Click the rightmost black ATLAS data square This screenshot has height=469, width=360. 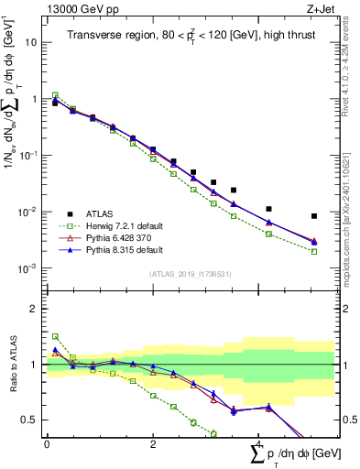coord(314,216)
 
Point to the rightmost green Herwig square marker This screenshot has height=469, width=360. coord(314,251)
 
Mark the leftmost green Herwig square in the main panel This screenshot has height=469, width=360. coord(55,94)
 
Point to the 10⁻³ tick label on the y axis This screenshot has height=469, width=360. coord(28,268)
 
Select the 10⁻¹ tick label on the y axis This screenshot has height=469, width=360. coord(28,156)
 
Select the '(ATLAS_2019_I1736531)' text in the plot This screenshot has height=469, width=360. coord(191,274)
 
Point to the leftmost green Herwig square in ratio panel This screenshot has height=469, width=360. coord(55,336)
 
